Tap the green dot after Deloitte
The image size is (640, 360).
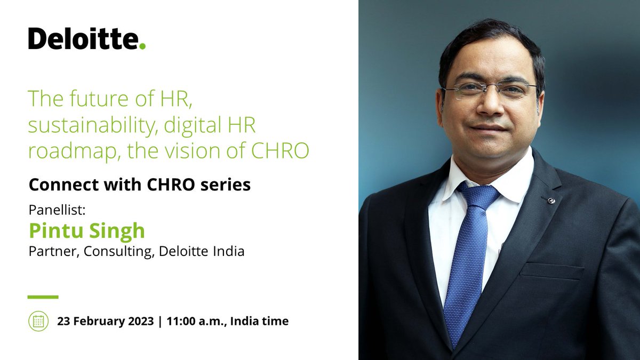pyautogui.click(x=142, y=46)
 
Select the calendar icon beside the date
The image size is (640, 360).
pyautogui.click(x=38, y=321)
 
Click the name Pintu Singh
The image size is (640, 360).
pyautogui.click(x=86, y=231)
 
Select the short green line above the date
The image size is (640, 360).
pyautogui.click(x=43, y=297)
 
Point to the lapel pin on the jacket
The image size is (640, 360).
pyautogui.click(x=551, y=201)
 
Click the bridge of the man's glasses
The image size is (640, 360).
pyautogui.click(x=486, y=87)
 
